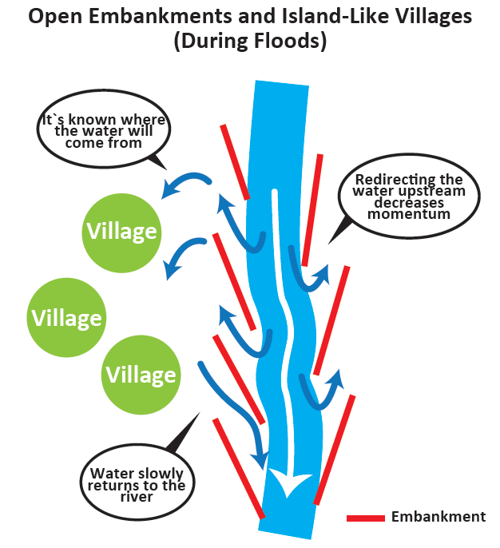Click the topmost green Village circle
pyautogui.click(x=121, y=232)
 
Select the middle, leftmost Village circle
pyautogui.click(x=66, y=317)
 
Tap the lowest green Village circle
pyautogui.click(x=141, y=374)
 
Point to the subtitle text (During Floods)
pyautogui.click(x=251, y=42)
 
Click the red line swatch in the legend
pyautogui.click(x=366, y=518)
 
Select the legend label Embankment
pyautogui.click(x=438, y=517)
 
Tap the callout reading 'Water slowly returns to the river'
pyautogui.click(x=137, y=485)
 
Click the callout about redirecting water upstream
pyautogui.click(x=408, y=197)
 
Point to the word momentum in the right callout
pyautogui.click(x=408, y=214)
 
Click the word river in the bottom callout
pyautogui.click(x=137, y=497)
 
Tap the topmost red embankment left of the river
pyautogui.click(x=236, y=161)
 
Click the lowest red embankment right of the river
pyautogui.click(x=335, y=449)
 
